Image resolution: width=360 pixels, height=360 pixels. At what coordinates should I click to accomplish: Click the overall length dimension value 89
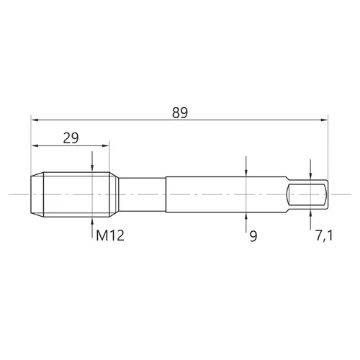[180, 112]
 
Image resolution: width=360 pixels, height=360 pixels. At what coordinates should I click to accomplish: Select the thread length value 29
[71, 138]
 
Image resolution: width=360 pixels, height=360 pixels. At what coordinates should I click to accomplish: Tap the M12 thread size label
[110, 235]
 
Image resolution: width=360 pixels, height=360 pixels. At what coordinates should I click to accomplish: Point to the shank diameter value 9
[253, 236]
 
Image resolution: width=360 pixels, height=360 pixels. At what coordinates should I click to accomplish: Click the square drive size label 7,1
[324, 235]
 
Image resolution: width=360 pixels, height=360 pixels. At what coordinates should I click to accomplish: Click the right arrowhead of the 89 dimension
[324, 120]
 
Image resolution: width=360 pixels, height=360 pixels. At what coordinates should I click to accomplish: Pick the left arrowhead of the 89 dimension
[35, 120]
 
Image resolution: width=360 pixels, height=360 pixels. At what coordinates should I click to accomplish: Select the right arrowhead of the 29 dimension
[106, 145]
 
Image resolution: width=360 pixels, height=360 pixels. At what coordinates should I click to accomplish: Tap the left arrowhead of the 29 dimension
[35, 145]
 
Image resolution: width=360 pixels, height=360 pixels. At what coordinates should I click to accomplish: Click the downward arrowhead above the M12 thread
[92, 168]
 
